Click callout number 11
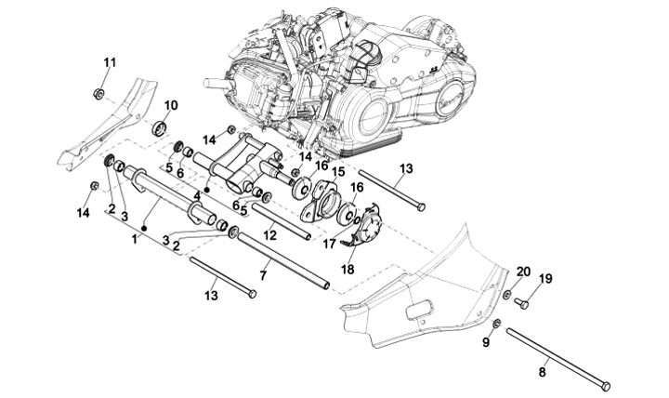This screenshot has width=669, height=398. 109,62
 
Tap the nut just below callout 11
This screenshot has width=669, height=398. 98,93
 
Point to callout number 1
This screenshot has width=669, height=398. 134,239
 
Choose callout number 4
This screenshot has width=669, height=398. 197,195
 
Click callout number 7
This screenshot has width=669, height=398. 264,276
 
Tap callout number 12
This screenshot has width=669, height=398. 269,237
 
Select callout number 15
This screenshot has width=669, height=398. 338,173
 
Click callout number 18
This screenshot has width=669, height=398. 347,269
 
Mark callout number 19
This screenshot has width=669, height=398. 545,278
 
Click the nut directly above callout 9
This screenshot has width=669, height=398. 496,323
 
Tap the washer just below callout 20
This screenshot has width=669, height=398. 507,295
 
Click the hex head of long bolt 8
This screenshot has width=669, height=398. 607,385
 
